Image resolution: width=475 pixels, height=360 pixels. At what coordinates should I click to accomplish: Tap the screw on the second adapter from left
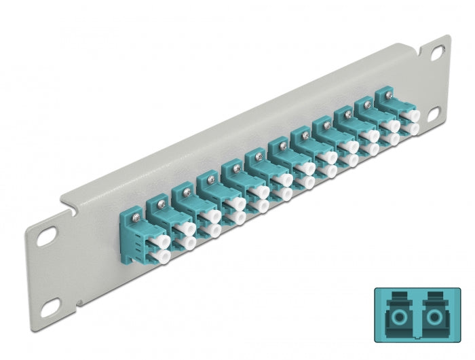pyautogui.click(x=157, y=201)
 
